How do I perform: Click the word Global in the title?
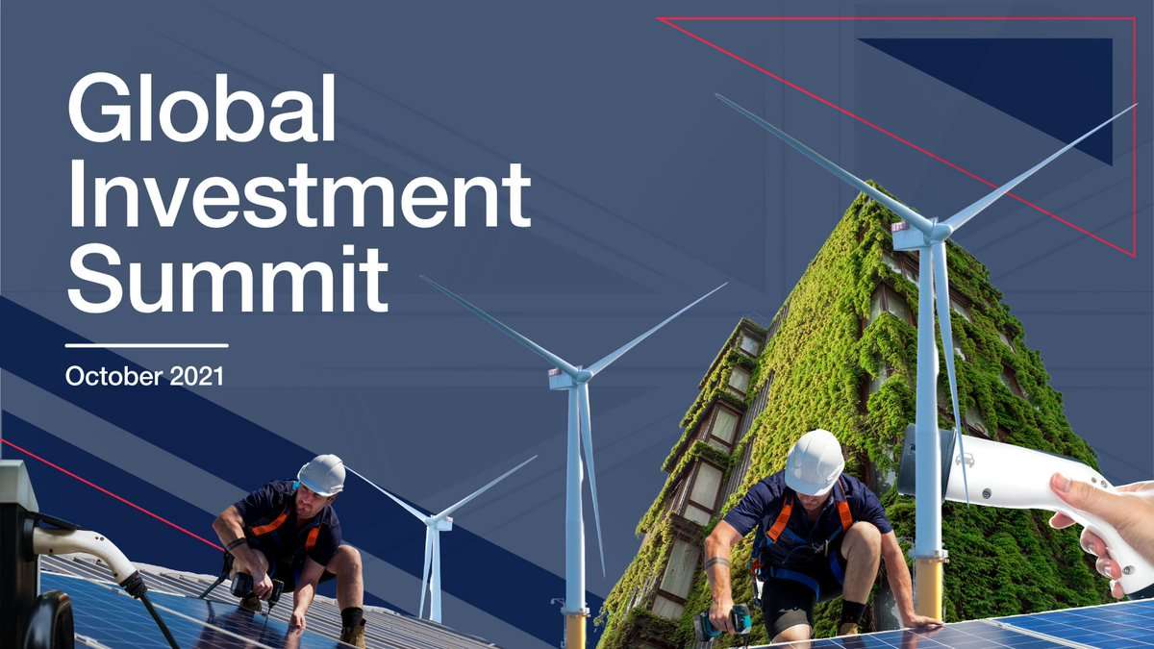point(201,108)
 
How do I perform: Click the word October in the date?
point(114,377)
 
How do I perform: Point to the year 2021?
point(197,377)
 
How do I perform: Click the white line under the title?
point(147,345)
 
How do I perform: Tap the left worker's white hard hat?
point(322,475)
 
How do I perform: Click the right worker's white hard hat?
point(815,462)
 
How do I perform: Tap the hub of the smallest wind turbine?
point(435,521)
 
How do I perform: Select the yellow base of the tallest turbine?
point(929,588)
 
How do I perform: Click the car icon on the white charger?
point(965,460)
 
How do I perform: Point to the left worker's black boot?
point(353,627)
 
